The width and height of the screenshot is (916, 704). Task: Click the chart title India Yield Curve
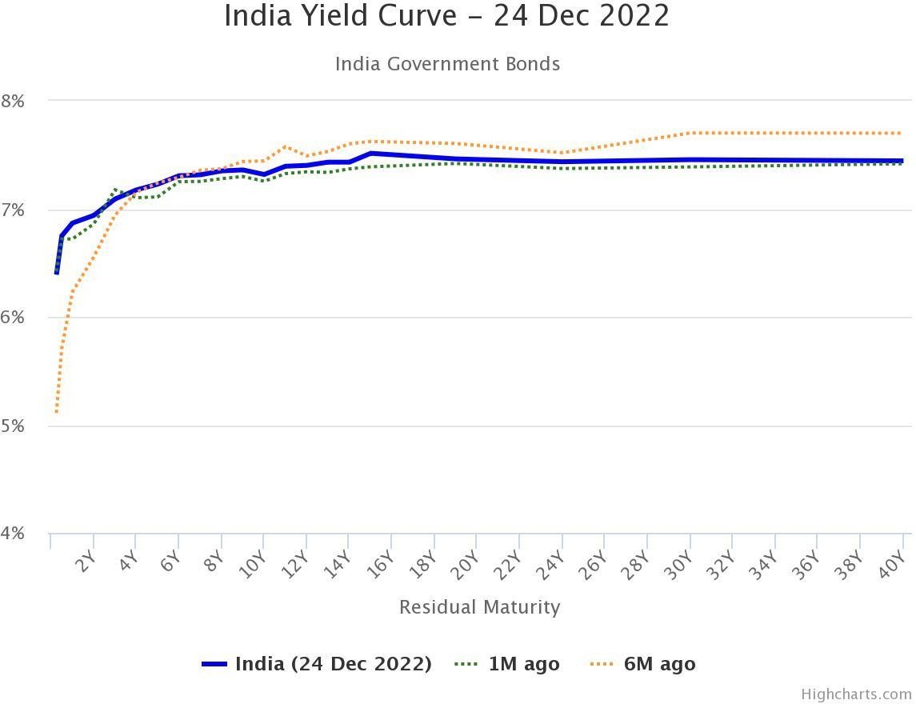pyautogui.click(x=446, y=16)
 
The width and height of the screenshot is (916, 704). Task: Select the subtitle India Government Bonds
pyautogui.click(x=447, y=64)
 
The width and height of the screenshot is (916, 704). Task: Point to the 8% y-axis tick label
pyautogui.click(x=14, y=102)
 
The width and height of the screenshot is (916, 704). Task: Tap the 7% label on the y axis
pyautogui.click(x=14, y=210)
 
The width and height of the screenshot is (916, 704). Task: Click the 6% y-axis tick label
pyautogui.click(x=14, y=318)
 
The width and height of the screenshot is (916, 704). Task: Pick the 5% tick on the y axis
pyautogui.click(x=14, y=426)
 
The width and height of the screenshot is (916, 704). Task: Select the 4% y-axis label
pyautogui.click(x=14, y=534)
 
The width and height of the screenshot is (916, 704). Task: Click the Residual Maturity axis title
pyautogui.click(x=479, y=607)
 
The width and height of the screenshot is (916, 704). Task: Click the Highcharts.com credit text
pyautogui.click(x=856, y=694)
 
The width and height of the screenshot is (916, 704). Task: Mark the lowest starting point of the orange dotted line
pyautogui.click(x=56, y=412)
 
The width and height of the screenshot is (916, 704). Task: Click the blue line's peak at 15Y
pyautogui.click(x=370, y=153)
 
